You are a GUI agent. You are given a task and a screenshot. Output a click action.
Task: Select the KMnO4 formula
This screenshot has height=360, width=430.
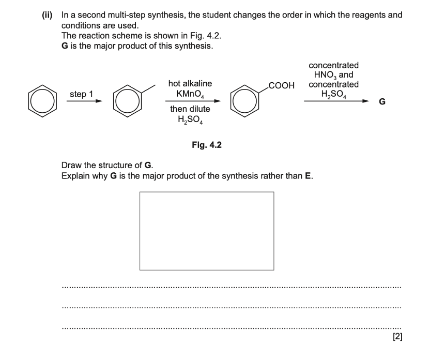coord(190,94)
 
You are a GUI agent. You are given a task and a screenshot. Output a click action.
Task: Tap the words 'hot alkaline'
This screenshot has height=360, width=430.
coord(190,84)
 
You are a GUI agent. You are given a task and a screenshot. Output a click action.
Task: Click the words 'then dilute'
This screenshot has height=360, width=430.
coord(190,110)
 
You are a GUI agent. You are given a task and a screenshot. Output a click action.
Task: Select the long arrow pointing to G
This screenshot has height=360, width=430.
coord(336,102)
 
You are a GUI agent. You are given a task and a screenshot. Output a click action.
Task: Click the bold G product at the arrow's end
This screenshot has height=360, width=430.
coord(382,102)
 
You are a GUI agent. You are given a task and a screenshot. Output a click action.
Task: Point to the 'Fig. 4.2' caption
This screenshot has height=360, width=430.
coord(206,145)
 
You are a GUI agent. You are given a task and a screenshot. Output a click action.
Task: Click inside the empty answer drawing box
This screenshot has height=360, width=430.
coord(207,231)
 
